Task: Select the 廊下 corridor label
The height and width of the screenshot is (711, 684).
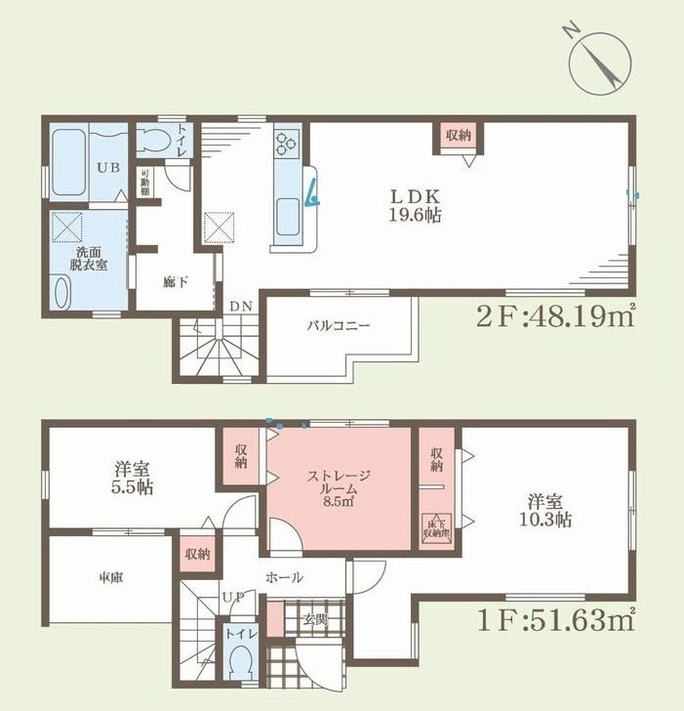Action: [176, 279]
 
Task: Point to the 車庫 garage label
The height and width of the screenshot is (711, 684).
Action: [110, 576]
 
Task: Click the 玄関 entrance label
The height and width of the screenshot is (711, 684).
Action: [314, 619]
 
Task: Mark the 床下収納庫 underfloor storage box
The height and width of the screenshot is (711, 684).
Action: [434, 529]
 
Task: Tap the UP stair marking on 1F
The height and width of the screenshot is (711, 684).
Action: [233, 596]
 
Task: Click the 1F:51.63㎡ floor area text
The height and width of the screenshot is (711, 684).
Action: [557, 619]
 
